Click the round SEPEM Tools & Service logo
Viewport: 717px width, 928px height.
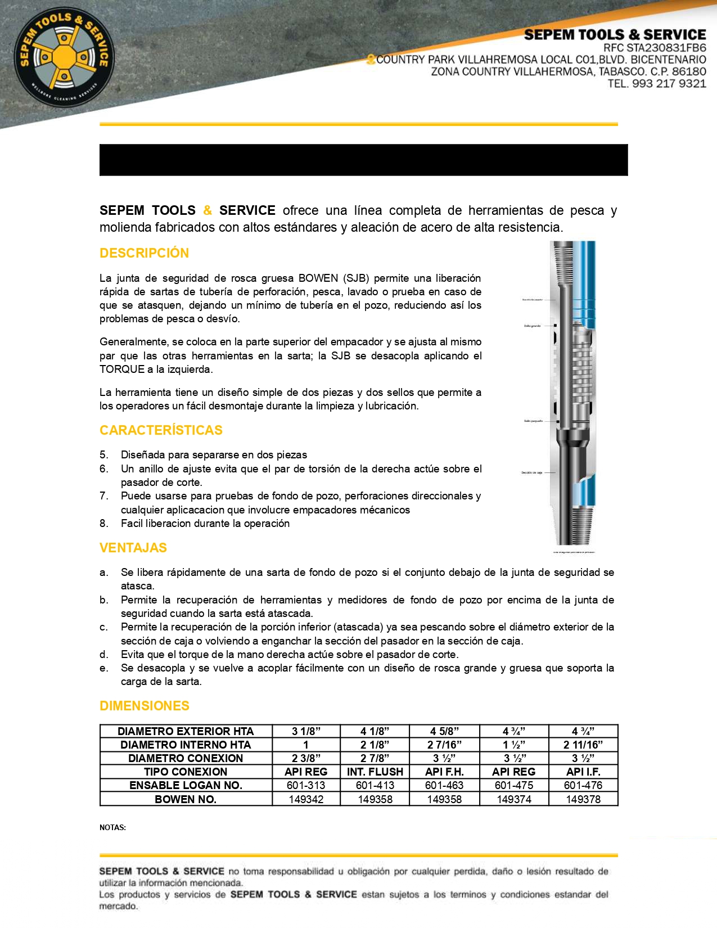click(x=64, y=57)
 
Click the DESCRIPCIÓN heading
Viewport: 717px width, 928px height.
click(x=144, y=253)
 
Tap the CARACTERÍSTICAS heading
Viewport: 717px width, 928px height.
click(x=161, y=430)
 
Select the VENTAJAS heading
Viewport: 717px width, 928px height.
click(x=133, y=548)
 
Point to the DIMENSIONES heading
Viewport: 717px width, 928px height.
click(x=145, y=706)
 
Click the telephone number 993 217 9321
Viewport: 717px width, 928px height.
click(x=669, y=84)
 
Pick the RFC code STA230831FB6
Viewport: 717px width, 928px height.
click(x=666, y=48)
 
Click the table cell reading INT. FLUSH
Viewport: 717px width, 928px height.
click(x=375, y=772)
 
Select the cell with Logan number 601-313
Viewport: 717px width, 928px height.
click(x=306, y=785)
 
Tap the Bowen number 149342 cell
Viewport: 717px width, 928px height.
click(x=306, y=799)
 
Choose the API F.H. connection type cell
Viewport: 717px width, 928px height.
click(x=444, y=772)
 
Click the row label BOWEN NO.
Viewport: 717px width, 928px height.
click(x=186, y=799)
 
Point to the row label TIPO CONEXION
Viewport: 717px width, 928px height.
click(x=186, y=772)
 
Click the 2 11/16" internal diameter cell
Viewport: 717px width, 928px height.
click(x=583, y=745)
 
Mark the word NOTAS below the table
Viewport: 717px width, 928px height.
click(x=112, y=827)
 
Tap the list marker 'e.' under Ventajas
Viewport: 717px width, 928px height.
click(x=103, y=668)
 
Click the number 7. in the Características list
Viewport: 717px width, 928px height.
click(x=103, y=496)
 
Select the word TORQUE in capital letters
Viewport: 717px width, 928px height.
click(x=122, y=370)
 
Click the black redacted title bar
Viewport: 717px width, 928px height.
click(x=363, y=160)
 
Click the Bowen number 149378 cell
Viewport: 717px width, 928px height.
click(x=583, y=799)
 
